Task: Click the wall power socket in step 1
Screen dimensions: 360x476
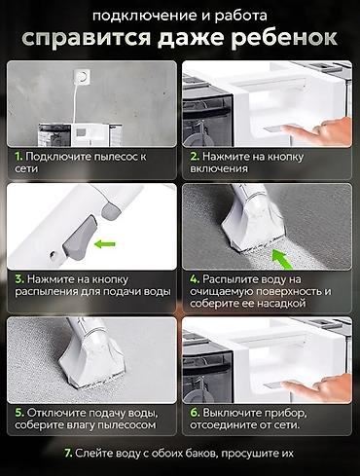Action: point(81,77)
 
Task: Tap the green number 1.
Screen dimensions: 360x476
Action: point(18,157)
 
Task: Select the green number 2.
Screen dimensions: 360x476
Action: point(195,157)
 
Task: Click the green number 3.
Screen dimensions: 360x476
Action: point(19,279)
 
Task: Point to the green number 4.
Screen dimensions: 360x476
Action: point(195,279)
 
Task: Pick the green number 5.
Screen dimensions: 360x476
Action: point(19,413)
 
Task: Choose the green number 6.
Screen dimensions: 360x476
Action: point(195,413)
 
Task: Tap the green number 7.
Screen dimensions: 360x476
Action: point(68,453)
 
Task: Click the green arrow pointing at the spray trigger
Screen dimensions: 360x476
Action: point(104,243)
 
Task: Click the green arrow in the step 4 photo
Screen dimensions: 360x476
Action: point(281,259)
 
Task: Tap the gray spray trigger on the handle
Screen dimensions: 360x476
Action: point(79,238)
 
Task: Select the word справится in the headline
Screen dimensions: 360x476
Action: point(87,39)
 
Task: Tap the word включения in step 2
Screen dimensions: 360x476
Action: point(219,168)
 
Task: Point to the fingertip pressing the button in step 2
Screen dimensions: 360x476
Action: point(286,129)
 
